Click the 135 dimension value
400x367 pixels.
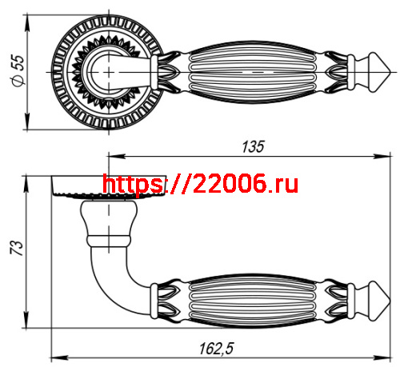[x=253, y=146]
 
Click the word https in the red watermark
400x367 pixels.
[x=133, y=185]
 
